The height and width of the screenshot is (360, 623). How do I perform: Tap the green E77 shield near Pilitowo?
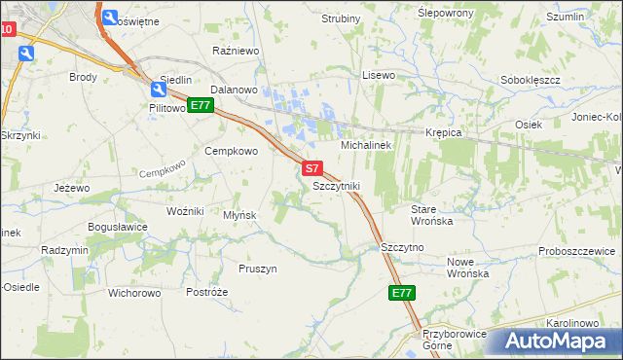(x=201, y=105)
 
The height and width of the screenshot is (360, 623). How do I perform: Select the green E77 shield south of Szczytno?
(x=401, y=293)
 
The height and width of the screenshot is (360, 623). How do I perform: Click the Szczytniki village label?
(x=337, y=185)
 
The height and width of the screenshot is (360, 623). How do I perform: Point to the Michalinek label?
(x=365, y=144)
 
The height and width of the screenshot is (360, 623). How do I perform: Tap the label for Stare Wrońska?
(x=432, y=215)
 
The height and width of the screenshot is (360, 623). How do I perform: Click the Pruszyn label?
(x=258, y=268)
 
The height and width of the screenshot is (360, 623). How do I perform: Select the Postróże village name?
(x=206, y=292)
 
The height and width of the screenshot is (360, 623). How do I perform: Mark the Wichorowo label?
(x=134, y=292)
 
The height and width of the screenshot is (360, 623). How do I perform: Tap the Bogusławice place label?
(x=118, y=227)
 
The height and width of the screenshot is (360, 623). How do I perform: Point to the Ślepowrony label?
(x=445, y=13)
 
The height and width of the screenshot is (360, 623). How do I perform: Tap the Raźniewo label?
(x=234, y=49)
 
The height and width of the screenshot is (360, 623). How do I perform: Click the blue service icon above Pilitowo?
(x=158, y=89)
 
